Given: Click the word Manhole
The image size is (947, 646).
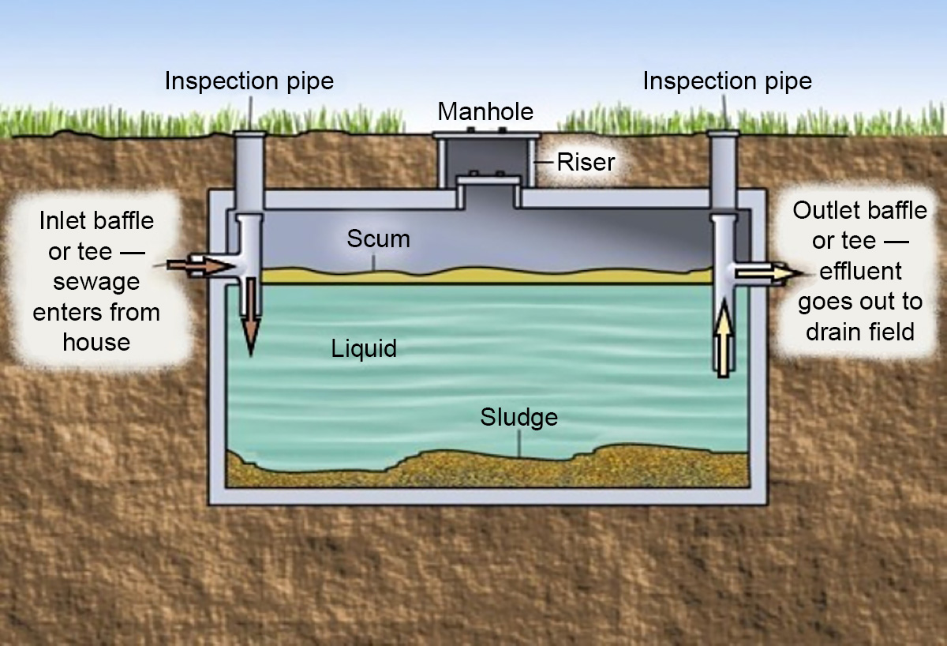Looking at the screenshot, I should point(485,111).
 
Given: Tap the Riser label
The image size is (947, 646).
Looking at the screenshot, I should point(586,163).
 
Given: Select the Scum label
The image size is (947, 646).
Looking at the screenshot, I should point(378,238).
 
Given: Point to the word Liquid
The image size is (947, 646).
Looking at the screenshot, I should point(363,347).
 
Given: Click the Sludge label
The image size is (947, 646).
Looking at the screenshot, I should point(518,417).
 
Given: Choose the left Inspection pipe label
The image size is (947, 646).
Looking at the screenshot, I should point(249,81).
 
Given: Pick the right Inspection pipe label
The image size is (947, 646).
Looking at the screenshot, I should point(727,81).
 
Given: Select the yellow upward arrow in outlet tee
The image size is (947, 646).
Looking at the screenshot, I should point(724,340).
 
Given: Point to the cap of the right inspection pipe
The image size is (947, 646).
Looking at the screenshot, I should point(723,133).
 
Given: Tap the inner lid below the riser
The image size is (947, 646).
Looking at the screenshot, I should point(489,183).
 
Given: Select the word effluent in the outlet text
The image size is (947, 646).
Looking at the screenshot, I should point(859,271).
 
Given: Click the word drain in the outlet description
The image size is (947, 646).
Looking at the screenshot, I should point(837,331).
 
